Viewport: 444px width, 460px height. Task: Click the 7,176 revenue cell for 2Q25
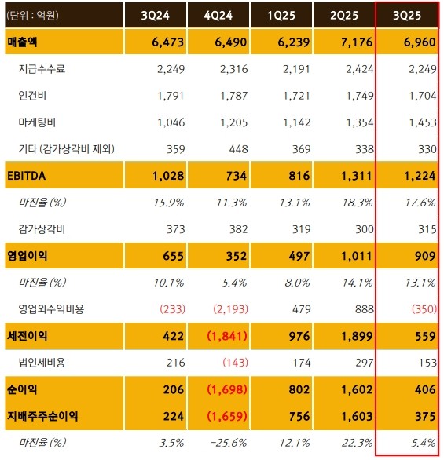click(348, 42)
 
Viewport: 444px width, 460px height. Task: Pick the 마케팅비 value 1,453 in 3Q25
click(416, 123)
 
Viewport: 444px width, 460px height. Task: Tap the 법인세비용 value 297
click(354, 363)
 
